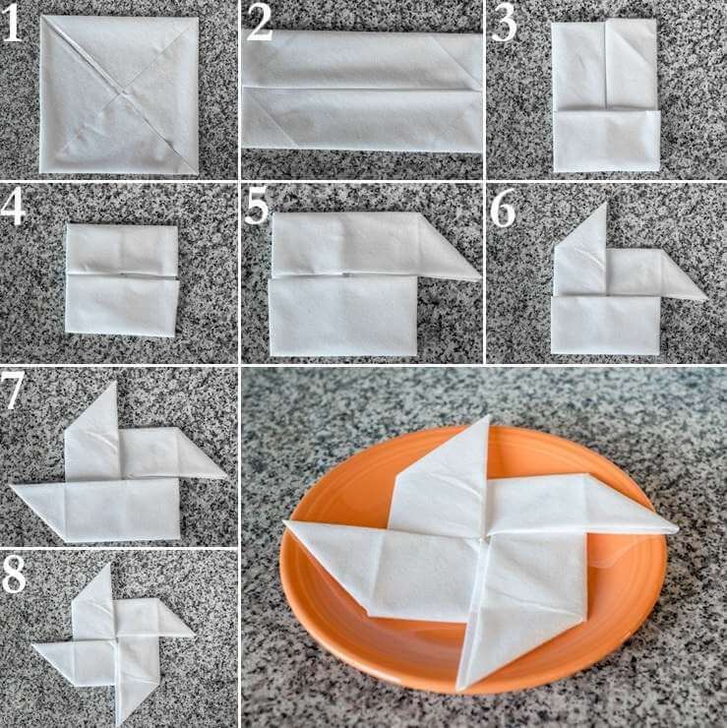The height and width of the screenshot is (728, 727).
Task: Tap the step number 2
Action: (259, 24)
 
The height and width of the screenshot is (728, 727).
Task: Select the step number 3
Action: (504, 24)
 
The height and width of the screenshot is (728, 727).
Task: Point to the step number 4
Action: (13, 208)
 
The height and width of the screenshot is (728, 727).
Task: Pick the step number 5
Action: (257, 208)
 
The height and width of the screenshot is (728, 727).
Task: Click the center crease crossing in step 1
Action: (124, 94)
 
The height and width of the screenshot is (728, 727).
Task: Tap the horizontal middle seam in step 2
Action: (362, 89)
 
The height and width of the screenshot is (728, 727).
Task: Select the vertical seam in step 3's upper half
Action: (605, 66)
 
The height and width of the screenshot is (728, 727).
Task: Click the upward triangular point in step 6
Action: (604, 205)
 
